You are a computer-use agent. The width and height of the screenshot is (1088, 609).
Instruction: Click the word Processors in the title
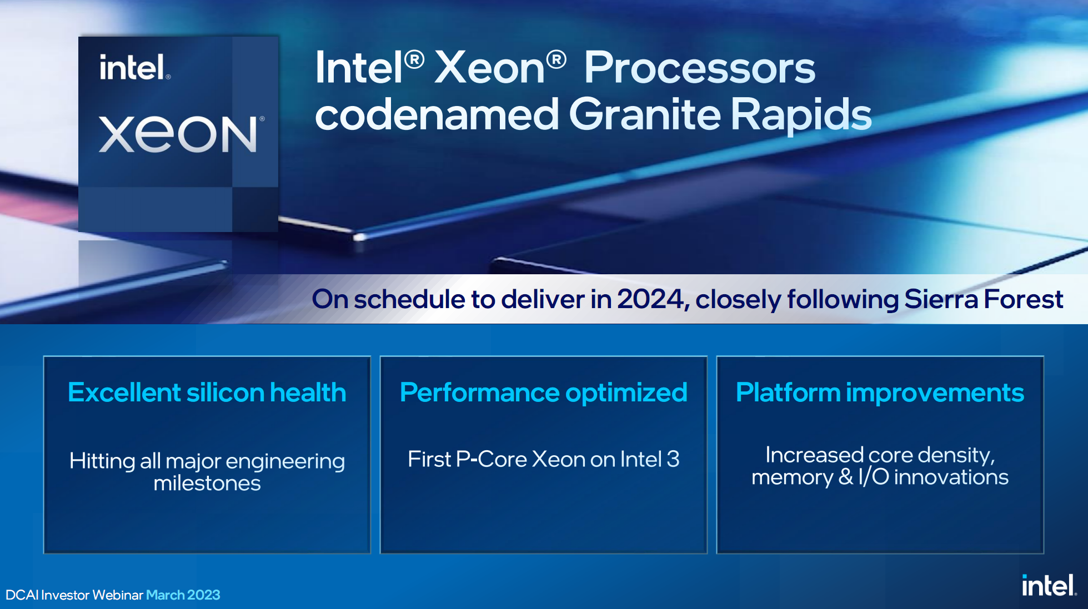(x=699, y=68)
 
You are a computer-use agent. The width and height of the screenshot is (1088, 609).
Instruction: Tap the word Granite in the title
(x=644, y=114)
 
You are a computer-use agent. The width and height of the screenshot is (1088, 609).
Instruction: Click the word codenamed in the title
(x=437, y=114)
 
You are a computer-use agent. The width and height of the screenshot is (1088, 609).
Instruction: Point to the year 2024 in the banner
(x=651, y=299)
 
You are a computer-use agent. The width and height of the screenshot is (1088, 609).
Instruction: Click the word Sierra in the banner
(x=941, y=299)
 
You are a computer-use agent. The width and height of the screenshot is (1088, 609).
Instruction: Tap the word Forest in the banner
(x=1023, y=299)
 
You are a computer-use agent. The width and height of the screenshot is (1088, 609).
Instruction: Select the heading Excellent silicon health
(x=207, y=392)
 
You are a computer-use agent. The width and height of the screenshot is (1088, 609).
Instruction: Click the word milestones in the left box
(x=207, y=483)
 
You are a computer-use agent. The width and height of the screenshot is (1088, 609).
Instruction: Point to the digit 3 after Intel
(x=673, y=459)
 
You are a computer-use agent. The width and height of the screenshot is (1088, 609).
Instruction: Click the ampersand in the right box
(x=846, y=477)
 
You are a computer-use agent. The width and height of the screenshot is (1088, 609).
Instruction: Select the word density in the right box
(x=956, y=456)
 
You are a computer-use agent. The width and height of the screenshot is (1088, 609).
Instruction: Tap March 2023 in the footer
(x=183, y=595)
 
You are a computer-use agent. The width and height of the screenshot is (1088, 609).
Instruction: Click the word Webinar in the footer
(x=118, y=595)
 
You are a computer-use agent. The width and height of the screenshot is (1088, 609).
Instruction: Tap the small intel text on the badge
(x=134, y=67)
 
